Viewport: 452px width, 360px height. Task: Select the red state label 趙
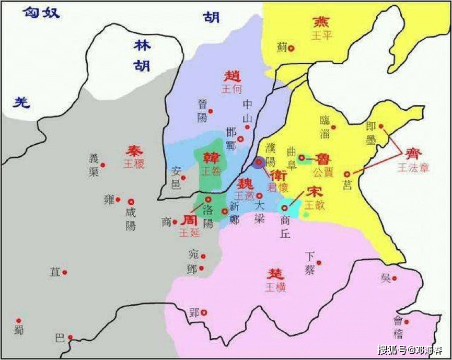[x=233, y=76]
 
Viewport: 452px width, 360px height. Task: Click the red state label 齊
[x=412, y=154]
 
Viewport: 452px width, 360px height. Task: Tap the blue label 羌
[x=21, y=102]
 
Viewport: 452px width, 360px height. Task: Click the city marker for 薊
[x=291, y=48]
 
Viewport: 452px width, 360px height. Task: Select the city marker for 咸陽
[x=131, y=202]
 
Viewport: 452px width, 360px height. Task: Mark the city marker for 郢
[x=204, y=312]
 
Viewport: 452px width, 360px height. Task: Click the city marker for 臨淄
[x=333, y=127]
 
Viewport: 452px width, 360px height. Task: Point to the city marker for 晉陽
[x=211, y=111]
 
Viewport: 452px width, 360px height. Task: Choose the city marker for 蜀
[x=19, y=321]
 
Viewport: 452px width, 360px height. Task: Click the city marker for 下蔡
[x=319, y=263]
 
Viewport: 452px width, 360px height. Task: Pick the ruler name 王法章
[x=413, y=168]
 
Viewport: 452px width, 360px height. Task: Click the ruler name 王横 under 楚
[x=275, y=288]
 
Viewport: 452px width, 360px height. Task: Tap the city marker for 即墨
[x=381, y=126]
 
